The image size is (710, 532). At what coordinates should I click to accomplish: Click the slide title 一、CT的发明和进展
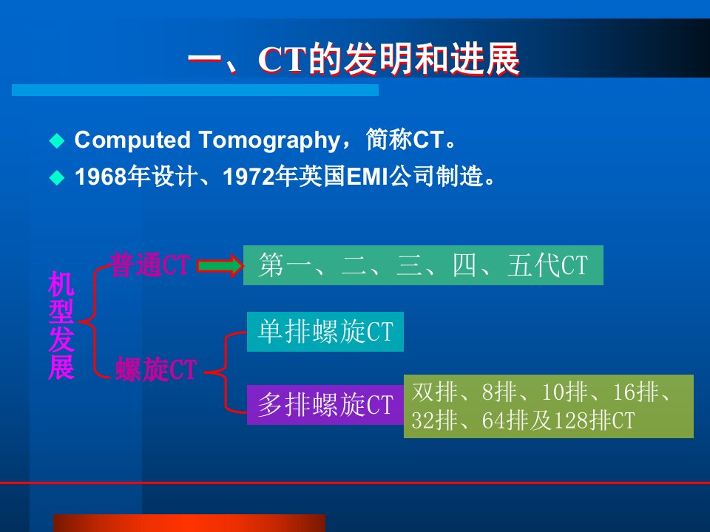click(354, 59)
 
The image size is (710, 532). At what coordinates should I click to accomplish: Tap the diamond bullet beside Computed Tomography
click(57, 140)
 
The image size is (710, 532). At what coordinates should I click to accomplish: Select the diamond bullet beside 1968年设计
click(57, 177)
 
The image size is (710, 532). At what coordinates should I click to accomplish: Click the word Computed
click(132, 140)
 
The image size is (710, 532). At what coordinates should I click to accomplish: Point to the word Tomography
click(270, 140)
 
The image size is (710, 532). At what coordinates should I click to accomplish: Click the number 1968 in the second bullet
click(101, 177)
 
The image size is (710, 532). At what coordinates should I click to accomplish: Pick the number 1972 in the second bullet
click(248, 177)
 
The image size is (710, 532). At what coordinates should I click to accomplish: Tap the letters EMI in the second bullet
click(368, 177)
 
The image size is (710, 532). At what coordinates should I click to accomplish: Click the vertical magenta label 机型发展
click(61, 325)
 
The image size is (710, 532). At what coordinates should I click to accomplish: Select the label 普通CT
click(150, 265)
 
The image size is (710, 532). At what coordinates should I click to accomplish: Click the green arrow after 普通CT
click(220, 265)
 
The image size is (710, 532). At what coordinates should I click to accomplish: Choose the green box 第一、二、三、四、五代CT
click(423, 265)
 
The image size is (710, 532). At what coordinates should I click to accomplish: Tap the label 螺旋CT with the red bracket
click(156, 369)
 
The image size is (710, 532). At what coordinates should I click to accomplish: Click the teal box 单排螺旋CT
click(325, 332)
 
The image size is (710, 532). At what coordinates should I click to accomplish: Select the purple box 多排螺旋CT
click(325, 404)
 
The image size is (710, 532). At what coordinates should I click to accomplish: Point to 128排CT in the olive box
click(594, 420)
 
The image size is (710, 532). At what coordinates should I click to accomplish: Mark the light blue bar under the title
click(195, 90)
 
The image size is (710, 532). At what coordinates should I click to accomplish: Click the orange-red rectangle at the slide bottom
click(189, 523)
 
